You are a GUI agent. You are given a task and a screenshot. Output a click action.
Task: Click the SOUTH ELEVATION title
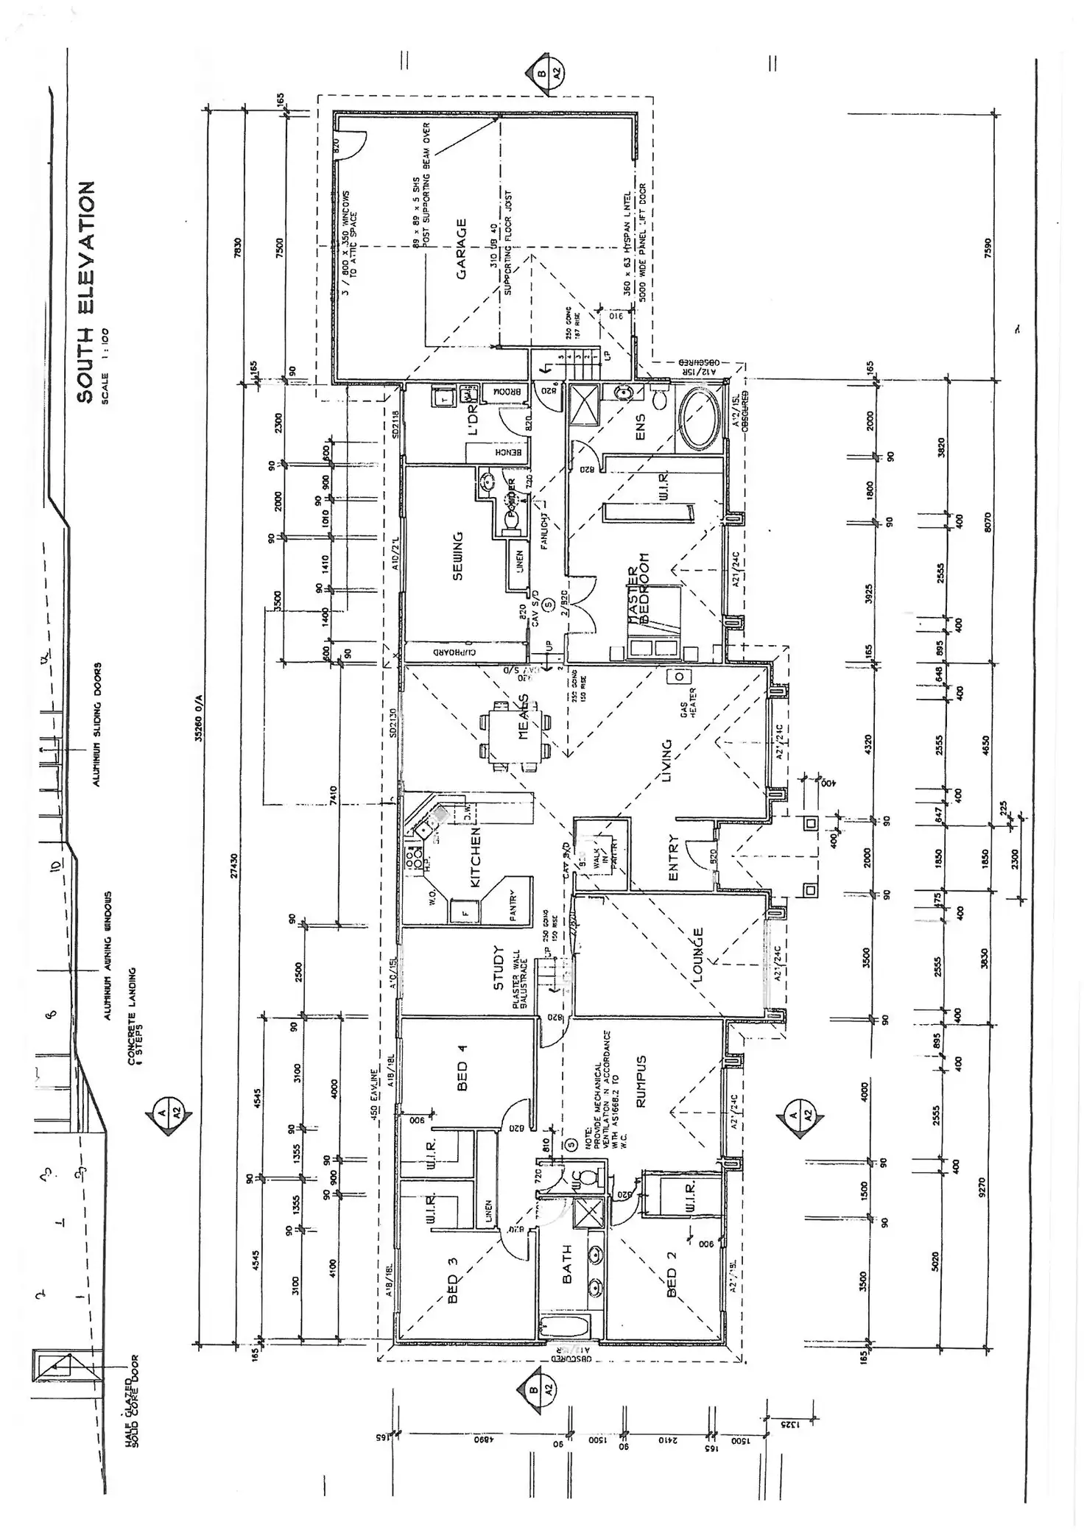tap(86, 292)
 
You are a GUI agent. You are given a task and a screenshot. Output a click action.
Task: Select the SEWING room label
tap(457, 556)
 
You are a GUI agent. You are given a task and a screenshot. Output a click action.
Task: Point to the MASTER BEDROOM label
tap(639, 589)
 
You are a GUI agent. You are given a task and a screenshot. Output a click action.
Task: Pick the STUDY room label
tap(499, 968)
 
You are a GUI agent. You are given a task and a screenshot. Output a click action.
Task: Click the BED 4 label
tap(462, 1066)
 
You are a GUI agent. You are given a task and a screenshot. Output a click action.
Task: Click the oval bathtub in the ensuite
tap(700, 419)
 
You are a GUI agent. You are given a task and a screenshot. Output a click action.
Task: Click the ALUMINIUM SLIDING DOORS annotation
tap(96, 725)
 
